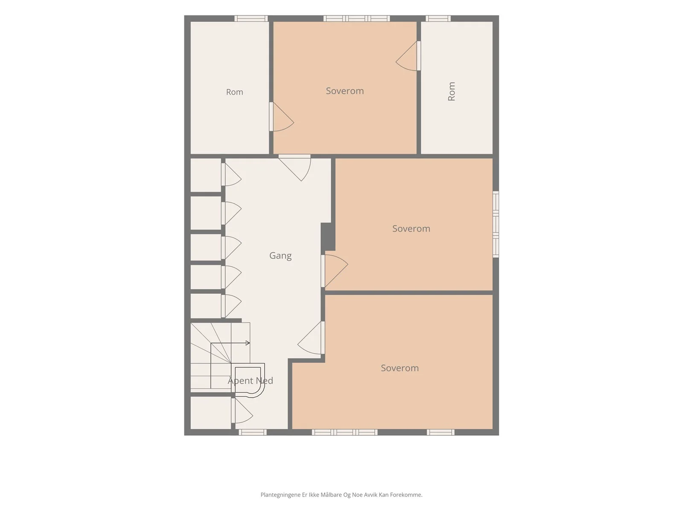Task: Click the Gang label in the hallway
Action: pyautogui.click(x=280, y=256)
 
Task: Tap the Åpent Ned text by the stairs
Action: pyautogui.click(x=250, y=380)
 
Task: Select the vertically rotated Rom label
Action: pyautogui.click(x=451, y=91)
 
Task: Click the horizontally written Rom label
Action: pyautogui.click(x=234, y=92)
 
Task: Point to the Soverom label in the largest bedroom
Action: pyautogui.click(x=400, y=368)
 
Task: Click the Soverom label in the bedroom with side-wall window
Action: pyautogui.click(x=411, y=229)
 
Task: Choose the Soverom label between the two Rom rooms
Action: pyautogui.click(x=344, y=91)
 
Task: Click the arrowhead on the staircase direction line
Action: pyautogui.click(x=248, y=343)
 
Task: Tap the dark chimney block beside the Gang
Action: pyautogui.click(x=328, y=236)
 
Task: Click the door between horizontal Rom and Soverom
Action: pyautogui.click(x=281, y=116)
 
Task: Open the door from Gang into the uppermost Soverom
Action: pyautogui.click(x=295, y=167)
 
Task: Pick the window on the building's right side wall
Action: pyautogui.click(x=496, y=224)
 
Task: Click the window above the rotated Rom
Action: pyautogui.click(x=438, y=18)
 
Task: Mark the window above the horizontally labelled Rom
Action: pyautogui.click(x=251, y=18)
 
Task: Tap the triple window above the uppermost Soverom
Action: pyautogui.click(x=356, y=18)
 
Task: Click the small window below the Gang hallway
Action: pyautogui.click(x=252, y=432)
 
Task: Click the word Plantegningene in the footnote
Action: pyautogui.click(x=280, y=495)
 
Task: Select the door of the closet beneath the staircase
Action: pyautogui.click(x=242, y=410)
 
